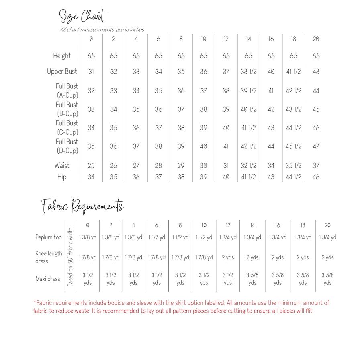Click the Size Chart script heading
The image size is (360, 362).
[x=82, y=16]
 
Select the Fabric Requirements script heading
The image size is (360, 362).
[x=82, y=206]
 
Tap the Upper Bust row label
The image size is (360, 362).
[x=62, y=72]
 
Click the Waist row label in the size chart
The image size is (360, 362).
[x=62, y=165]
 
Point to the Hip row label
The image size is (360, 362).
[x=62, y=177]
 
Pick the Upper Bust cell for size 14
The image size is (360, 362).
[x=248, y=72]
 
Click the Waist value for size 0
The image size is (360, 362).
[x=91, y=165]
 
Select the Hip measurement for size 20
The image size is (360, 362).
[x=316, y=177]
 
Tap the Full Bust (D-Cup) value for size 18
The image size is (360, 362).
[x=293, y=146]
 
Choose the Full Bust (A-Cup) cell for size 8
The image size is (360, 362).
[x=181, y=91]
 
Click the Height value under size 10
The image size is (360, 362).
[x=204, y=56]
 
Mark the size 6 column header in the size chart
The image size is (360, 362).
[x=159, y=39]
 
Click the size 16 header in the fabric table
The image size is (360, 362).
[x=278, y=225]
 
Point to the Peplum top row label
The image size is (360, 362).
[x=49, y=237]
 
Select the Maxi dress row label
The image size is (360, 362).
[x=48, y=279]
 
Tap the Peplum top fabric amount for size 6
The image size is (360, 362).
[x=157, y=237]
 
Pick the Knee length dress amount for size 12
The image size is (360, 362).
[x=228, y=257]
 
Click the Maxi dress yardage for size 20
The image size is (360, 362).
[x=327, y=279]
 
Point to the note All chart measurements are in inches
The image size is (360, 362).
[x=102, y=29]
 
